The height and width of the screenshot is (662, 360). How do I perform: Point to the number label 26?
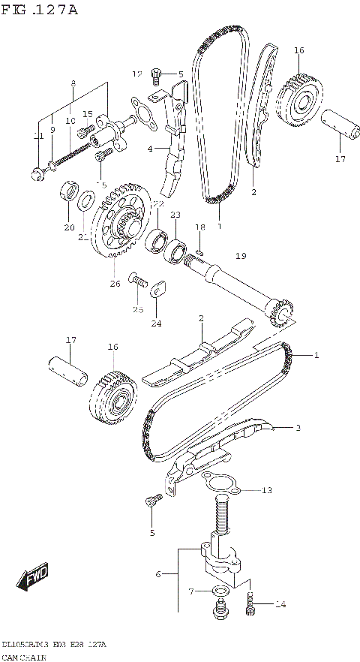tap(115, 283)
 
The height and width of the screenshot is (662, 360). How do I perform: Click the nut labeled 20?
tap(67, 190)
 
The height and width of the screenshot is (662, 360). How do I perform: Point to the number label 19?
tap(240, 257)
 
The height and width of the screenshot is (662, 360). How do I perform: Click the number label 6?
tap(158, 574)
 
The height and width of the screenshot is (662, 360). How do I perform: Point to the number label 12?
tap(137, 74)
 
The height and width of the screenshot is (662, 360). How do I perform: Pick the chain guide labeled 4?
tap(174, 161)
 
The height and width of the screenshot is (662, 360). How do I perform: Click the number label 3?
tap(298, 429)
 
